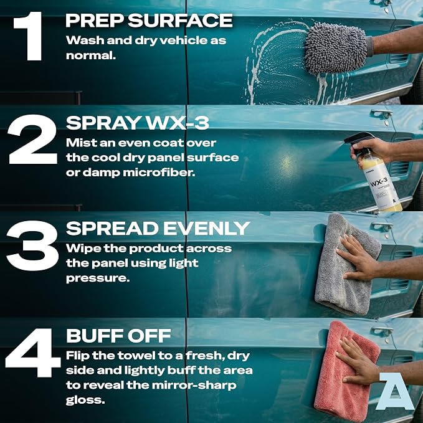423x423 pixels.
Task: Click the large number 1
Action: [29, 36]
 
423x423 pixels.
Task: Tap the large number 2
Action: [32, 139]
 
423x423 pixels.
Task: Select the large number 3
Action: [32, 245]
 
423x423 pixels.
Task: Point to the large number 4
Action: [33, 352]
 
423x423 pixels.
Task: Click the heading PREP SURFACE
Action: [149, 21]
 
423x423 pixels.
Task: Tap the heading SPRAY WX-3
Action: [138, 123]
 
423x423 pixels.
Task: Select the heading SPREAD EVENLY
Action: [158, 228]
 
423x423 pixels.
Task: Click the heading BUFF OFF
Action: [119, 335]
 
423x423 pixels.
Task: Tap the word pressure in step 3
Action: [98, 278]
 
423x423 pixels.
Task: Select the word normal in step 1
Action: [91, 55]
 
